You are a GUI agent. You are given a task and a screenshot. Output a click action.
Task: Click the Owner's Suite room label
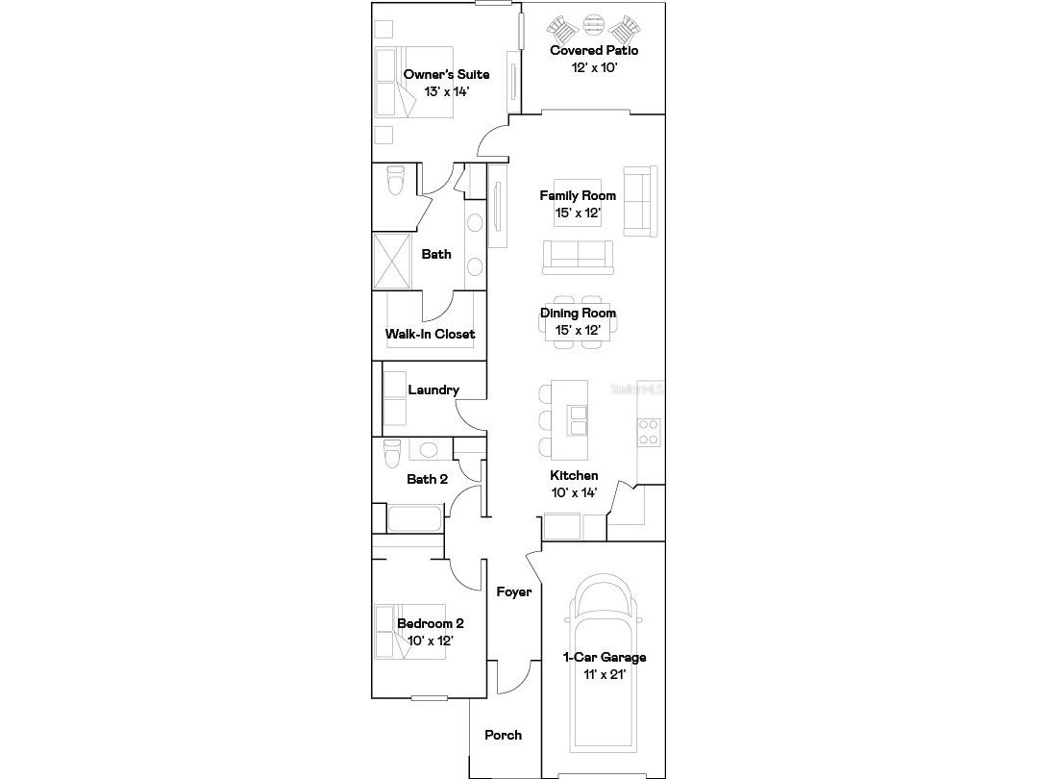click(446, 74)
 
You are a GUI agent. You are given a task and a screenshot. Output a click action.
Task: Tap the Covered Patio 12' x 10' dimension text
click(593, 68)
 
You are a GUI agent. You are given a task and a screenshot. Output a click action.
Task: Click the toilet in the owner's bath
click(395, 180)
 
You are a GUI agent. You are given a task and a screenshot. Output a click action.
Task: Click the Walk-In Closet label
click(430, 334)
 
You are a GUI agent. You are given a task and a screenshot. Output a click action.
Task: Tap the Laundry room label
click(432, 389)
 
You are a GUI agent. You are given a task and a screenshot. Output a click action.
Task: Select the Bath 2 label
click(427, 479)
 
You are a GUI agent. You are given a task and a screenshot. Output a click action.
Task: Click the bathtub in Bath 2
click(415, 519)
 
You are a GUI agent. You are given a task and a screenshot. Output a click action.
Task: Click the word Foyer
click(513, 591)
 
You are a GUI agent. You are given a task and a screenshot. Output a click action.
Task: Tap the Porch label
click(503, 735)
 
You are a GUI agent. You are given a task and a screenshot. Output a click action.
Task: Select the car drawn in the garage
click(604, 673)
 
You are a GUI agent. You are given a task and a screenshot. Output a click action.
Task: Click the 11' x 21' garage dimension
click(604, 674)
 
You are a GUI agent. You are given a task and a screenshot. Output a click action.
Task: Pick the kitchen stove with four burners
click(649, 432)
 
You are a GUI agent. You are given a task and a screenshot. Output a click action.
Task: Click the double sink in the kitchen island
click(579, 421)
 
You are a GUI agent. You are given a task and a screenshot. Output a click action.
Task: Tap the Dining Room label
click(578, 313)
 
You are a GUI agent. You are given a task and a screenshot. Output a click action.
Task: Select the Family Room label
click(578, 195)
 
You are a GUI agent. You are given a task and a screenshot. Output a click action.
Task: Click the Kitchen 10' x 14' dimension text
click(574, 492)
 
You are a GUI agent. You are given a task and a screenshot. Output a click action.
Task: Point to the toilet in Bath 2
click(391, 450)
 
